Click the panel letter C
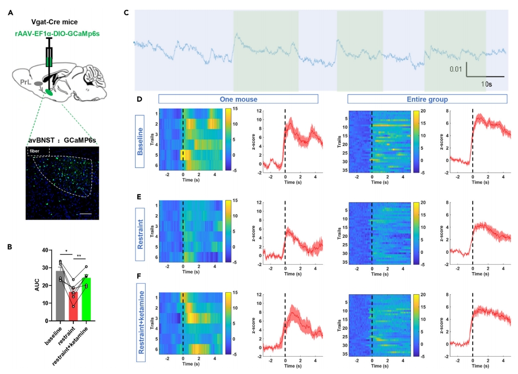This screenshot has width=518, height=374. point(126,11)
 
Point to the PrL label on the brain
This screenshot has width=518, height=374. point(23,82)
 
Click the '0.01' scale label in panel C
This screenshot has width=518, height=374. point(456,69)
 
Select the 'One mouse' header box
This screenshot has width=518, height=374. point(237,99)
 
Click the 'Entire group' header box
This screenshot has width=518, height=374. point(427,99)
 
